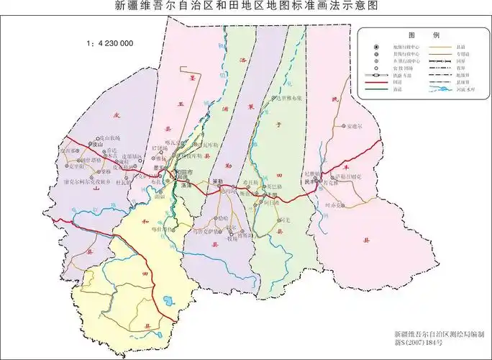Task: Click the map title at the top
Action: (x=246, y=6)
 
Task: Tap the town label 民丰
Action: (x=309, y=183)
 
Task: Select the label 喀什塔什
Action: (x=163, y=229)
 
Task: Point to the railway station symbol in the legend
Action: (x=377, y=75)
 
